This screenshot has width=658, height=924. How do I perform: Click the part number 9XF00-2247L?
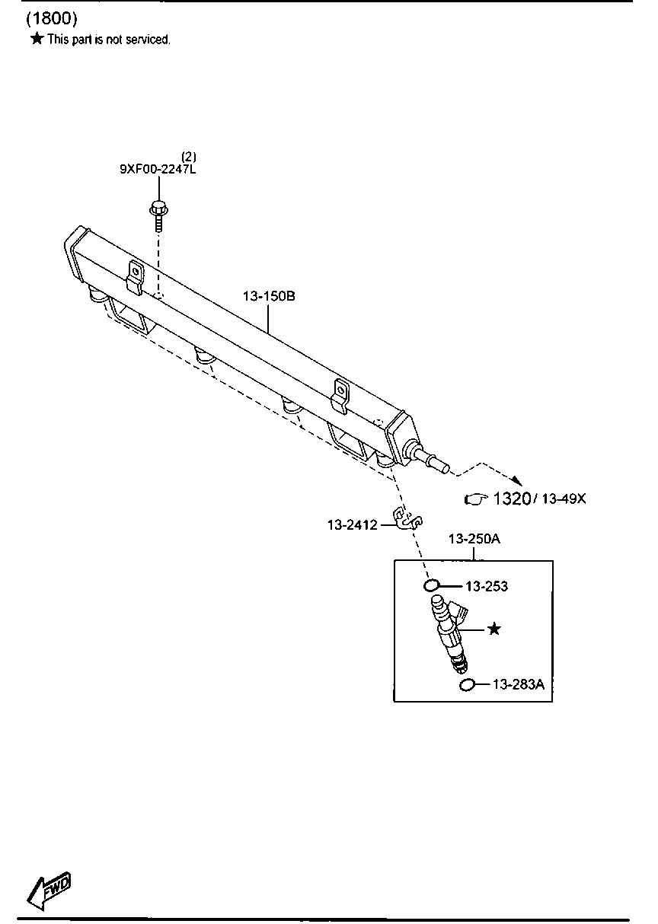(x=158, y=169)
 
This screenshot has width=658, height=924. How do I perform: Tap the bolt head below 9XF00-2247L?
(x=158, y=209)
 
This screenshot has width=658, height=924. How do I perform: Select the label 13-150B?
(x=269, y=296)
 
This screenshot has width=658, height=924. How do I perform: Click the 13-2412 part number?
(x=353, y=524)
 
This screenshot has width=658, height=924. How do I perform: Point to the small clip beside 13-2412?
(x=407, y=518)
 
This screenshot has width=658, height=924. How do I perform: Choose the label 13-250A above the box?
(x=474, y=538)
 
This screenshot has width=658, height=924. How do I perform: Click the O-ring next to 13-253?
(x=431, y=585)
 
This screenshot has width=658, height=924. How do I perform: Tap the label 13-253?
(x=487, y=586)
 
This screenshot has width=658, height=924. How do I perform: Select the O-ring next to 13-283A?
(x=466, y=685)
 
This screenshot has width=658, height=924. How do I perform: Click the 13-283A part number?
(x=519, y=684)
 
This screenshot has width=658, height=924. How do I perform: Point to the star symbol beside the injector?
(x=494, y=629)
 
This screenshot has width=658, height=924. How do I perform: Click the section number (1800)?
(x=52, y=19)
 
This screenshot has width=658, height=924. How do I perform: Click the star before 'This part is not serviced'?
(x=37, y=39)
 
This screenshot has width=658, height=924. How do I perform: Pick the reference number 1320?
(x=512, y=499)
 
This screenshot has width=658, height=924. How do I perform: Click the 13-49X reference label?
(x=564, y=499)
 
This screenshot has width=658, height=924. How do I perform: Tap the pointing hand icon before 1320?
(x=476, y=499)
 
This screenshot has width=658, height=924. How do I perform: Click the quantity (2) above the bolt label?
(x=189, y=157)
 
